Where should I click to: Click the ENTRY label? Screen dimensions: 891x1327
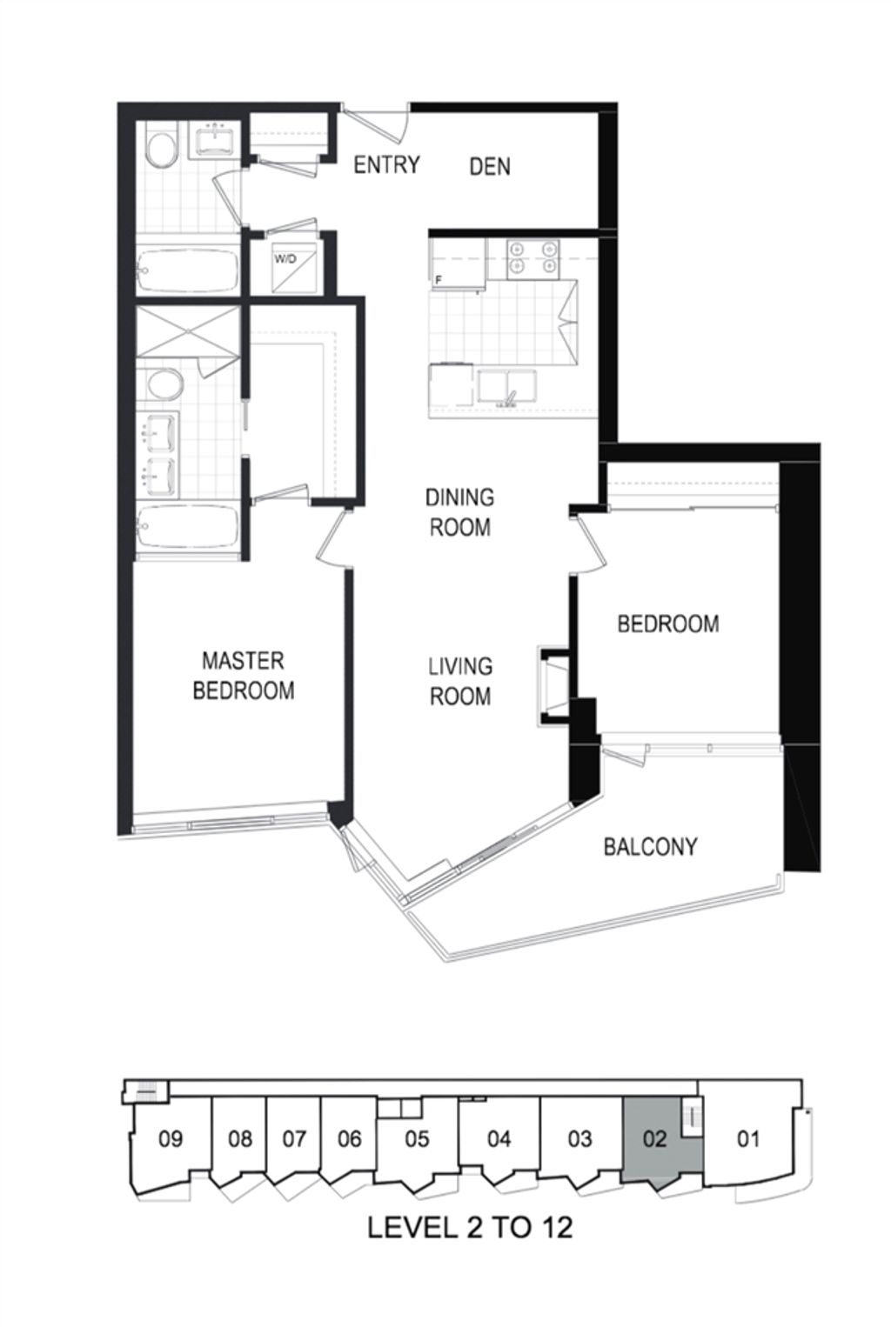(386, 164)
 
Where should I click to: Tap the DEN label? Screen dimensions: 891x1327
(490, 166)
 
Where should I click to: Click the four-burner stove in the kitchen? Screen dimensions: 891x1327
(533, 259)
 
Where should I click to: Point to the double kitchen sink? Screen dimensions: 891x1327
(507, 388)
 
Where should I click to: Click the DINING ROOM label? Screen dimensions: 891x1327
(460, 512)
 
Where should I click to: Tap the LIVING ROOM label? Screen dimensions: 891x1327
(460, 681)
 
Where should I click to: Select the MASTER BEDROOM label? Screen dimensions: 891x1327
(243, 676)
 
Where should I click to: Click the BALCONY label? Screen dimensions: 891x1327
(650, 847)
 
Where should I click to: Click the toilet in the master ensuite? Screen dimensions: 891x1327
(165, 384)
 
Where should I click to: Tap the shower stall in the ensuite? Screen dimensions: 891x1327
(188, 332)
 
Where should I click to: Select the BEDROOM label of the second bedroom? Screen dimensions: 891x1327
(668, 623)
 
